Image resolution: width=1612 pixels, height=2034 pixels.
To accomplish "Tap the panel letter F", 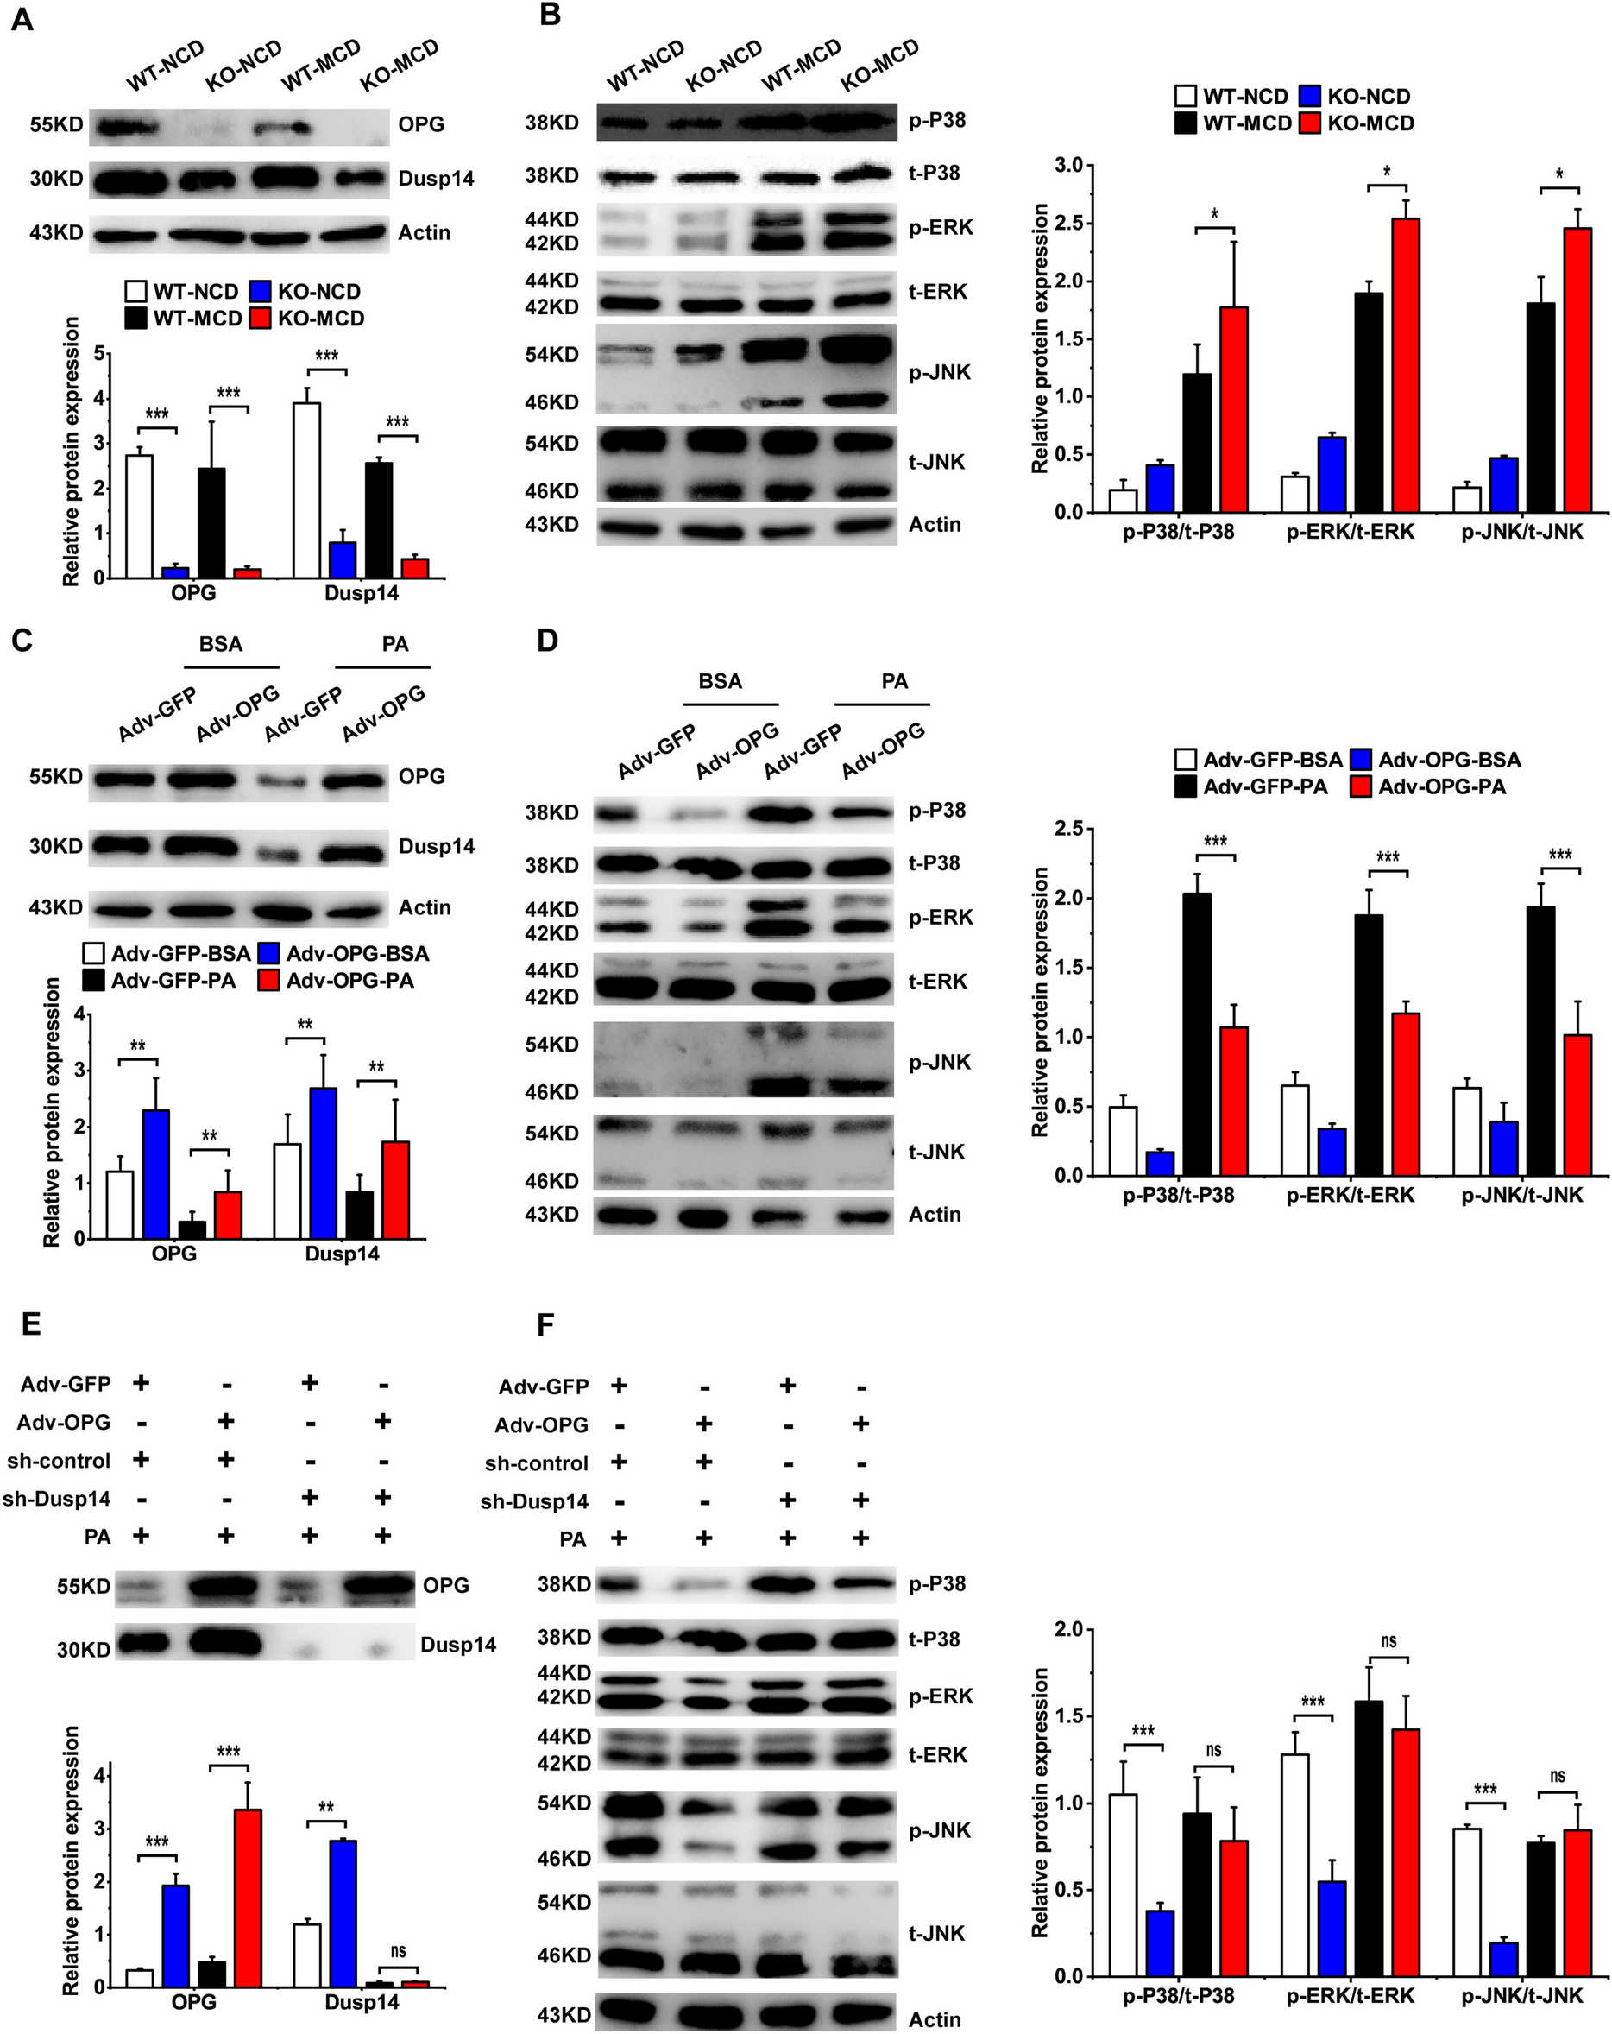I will click(x=545, y=1324).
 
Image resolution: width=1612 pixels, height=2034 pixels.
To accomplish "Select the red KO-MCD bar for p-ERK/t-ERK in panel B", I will click(x=1405, y=365).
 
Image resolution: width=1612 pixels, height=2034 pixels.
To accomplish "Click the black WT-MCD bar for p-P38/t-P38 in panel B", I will click(x=1197, y=443).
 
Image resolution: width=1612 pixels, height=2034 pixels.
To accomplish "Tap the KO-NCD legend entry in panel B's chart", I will click(x=1355, y=96).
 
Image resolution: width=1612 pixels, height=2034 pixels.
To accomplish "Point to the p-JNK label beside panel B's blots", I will click(x=940, y=373).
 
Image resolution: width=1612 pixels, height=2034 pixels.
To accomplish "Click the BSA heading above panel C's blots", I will click(x=221, y=644).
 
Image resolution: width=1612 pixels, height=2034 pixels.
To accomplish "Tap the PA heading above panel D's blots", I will click(x=893, y=681).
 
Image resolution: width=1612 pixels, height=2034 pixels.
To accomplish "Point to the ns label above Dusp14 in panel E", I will click(x=397, y=1951).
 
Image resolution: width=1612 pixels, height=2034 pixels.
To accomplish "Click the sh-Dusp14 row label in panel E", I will click(x=57, y=1499).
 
